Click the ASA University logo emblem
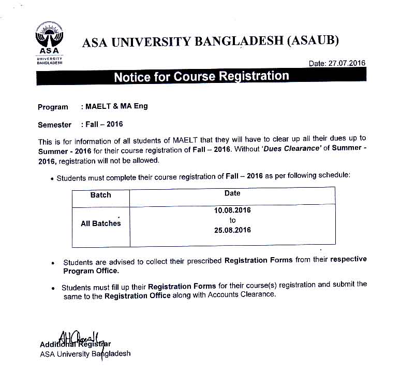(x=49, y=37)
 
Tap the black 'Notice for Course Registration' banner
(x=201, y=77)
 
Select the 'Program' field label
(x=53, y=107)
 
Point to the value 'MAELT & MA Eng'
(x=116, y=106)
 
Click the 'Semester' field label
(x=55, y=125)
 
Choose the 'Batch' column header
(x=100, y=195)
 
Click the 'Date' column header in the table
(x=232, y=193)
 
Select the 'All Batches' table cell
(x=100, y=223)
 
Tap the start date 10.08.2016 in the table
(x=232, y=210)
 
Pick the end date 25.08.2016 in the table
(x=232, y=230)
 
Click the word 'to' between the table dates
(x=232, y=220)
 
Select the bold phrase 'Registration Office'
(x=137, y=296)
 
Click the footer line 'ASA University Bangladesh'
(x=85, y=354)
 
